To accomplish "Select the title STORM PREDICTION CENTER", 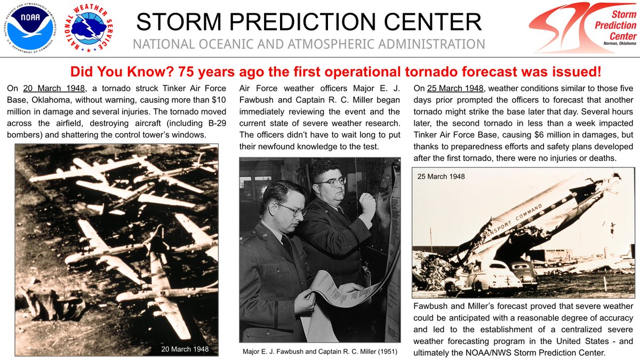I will point(309,22).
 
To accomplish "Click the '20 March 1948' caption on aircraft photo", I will point(185,349).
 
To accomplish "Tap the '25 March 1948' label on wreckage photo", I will point(441,176).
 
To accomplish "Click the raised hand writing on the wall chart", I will point(367,203).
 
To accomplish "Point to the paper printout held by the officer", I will point(341,291).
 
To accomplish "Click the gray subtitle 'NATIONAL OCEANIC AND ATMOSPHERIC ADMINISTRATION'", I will point(309,44).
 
